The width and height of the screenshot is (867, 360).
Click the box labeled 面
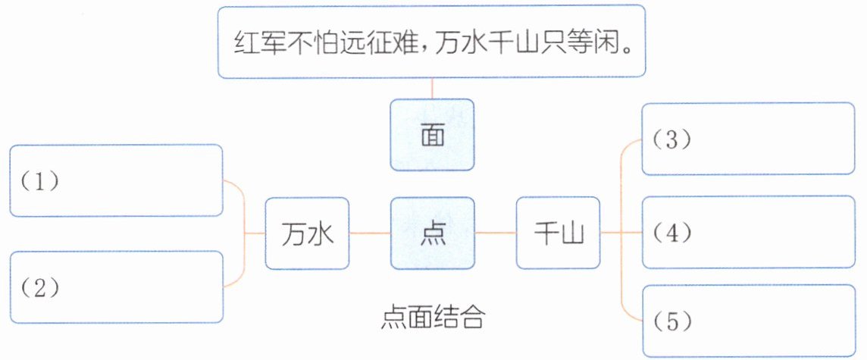click(432, 134)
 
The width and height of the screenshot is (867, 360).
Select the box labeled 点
click(432, 233)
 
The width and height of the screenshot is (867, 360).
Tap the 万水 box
click(306, 233)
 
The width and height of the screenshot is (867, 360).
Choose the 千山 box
click(558, 233)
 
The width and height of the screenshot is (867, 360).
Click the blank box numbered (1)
click(117, 181)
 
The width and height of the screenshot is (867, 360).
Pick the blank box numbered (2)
click(117, 287)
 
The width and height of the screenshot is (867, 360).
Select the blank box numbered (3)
click(747, 139)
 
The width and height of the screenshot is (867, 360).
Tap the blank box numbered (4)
click(747, 232)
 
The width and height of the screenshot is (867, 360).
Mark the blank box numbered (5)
click(747, 321)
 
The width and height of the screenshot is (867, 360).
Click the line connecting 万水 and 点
click(369, 233)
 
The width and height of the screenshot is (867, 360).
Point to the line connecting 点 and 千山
click(496, 233)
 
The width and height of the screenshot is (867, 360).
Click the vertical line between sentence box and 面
click(432, 89)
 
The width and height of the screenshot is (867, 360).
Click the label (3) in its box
click(670, 140)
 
